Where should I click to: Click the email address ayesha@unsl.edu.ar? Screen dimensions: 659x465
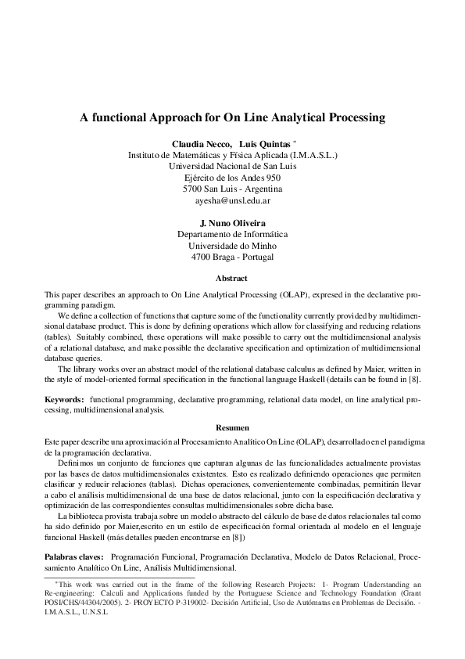click(232, 201)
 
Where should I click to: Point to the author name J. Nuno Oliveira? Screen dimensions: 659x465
click(232, 223)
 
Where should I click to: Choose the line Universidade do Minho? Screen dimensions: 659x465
click(232, 246)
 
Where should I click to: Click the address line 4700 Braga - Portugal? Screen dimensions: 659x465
click(232, 257)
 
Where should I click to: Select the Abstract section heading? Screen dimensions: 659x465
click(232, 279)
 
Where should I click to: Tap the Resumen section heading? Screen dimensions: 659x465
click(232, 427)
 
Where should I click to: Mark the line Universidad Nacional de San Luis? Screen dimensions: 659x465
click(232, 167)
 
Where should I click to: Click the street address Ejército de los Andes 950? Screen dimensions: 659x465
click(232, 178)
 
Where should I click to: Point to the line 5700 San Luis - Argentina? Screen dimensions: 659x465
click(232, 189)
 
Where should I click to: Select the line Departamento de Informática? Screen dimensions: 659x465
click(232, 234)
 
